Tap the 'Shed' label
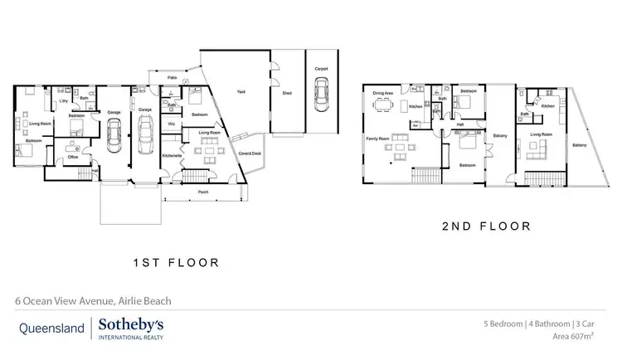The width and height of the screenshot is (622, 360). [287, 94]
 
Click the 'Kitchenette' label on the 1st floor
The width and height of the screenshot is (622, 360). [173, 155]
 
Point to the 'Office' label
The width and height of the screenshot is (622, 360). [73, 157]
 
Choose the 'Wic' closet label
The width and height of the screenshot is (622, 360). [171, 124]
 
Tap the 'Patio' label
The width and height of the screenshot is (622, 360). [173, 77]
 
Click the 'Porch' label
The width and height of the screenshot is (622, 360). [202, 192]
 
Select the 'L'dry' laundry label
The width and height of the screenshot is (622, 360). [63, 101]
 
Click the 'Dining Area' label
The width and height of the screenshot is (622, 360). [382, 94]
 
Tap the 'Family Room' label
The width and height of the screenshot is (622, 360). [377, 139]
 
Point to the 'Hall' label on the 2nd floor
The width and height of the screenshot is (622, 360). [459, 125]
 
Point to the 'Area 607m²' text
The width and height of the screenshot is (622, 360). [575, 337]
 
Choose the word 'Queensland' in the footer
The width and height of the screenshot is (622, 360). [51, 328]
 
